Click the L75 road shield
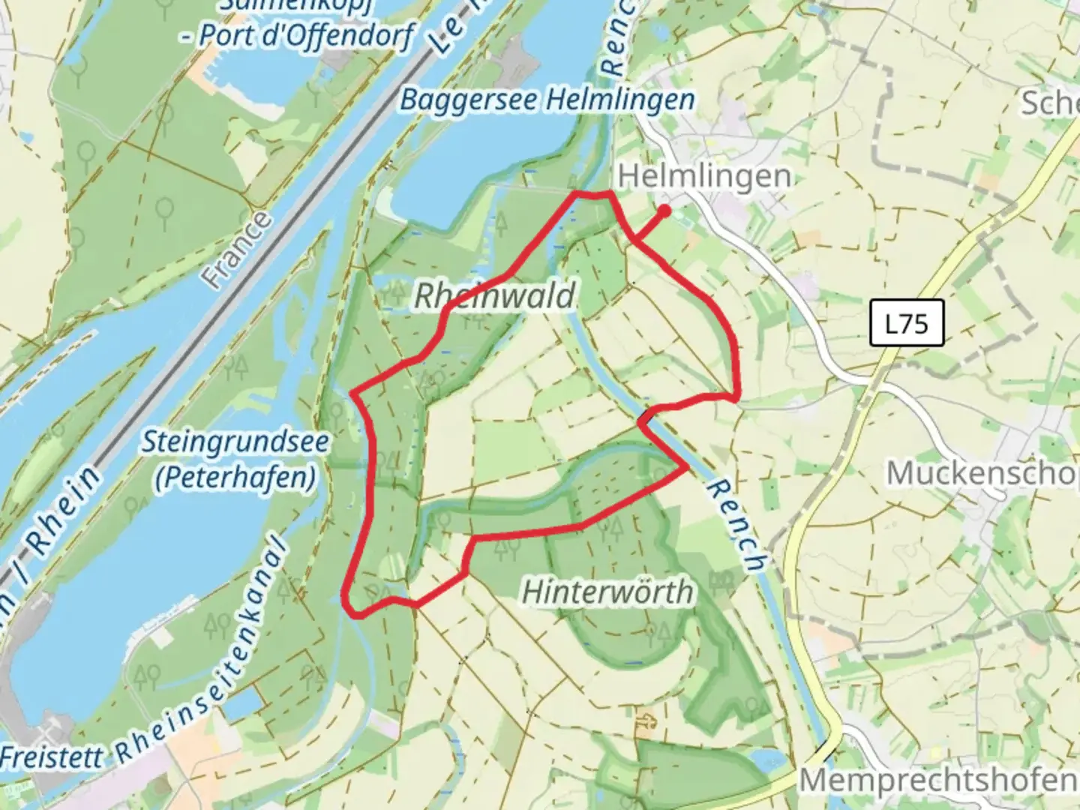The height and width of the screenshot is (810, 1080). pyautogui.click(x=906, y=324)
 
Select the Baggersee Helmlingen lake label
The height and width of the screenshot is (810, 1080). pyautogui.click(x=547, y=100)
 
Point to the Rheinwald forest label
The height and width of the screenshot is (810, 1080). pyautogui.click(x=495, y=296)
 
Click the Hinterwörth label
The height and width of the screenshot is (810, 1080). pyautogui.click(x=607, y=592)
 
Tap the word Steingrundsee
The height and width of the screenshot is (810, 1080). pyautogui.click(x=235, y=442)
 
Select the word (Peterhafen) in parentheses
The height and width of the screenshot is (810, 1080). pyautogui.click(x=235, y=478)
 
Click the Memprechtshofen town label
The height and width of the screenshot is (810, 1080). pyautogui.click(x=937, y=781)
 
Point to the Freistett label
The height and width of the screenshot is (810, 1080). pyautogui.click(x=51, y=756)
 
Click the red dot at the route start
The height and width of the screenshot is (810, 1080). pyautogui.click(x=664, y=211)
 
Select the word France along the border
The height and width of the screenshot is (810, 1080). pyautogui.click(x=238, y=250)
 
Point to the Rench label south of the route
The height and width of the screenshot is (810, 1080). pyautogui.click(x=737, y=526)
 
